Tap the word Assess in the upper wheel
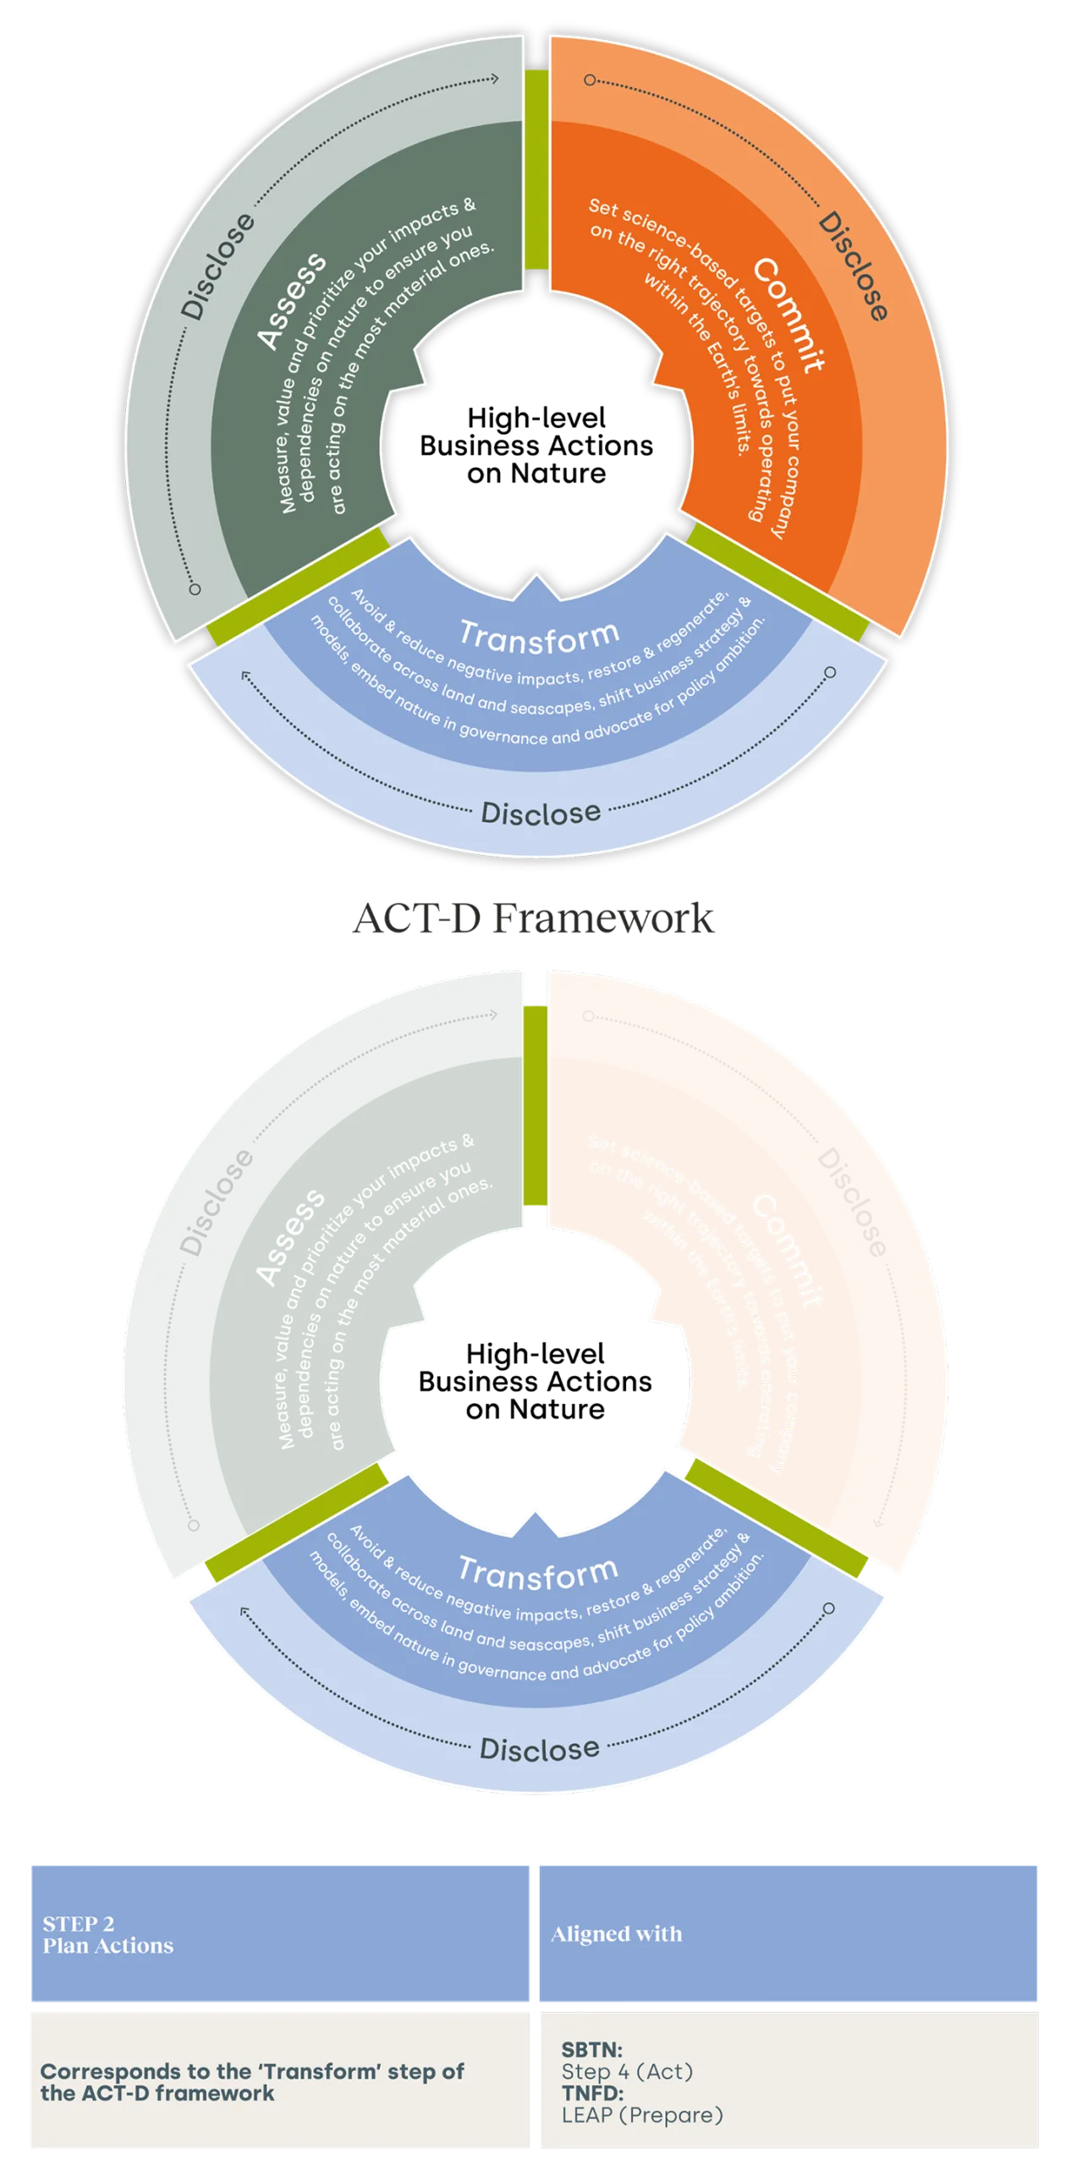pos(292,300)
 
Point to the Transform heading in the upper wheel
pos(540,637)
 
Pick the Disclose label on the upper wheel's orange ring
pos(853,266)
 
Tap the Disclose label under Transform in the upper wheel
pos(541,814)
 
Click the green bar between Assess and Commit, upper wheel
pos(536,169)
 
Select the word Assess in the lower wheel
pos(291,1236)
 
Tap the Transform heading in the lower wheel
pos(538,1572)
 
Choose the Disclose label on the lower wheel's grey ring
pos(217,1201)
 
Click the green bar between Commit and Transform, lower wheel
pos(775,1518)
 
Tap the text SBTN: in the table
pos(592,2050)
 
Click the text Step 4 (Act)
pos(627,2071)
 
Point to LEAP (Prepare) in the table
pos(642,2115)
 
